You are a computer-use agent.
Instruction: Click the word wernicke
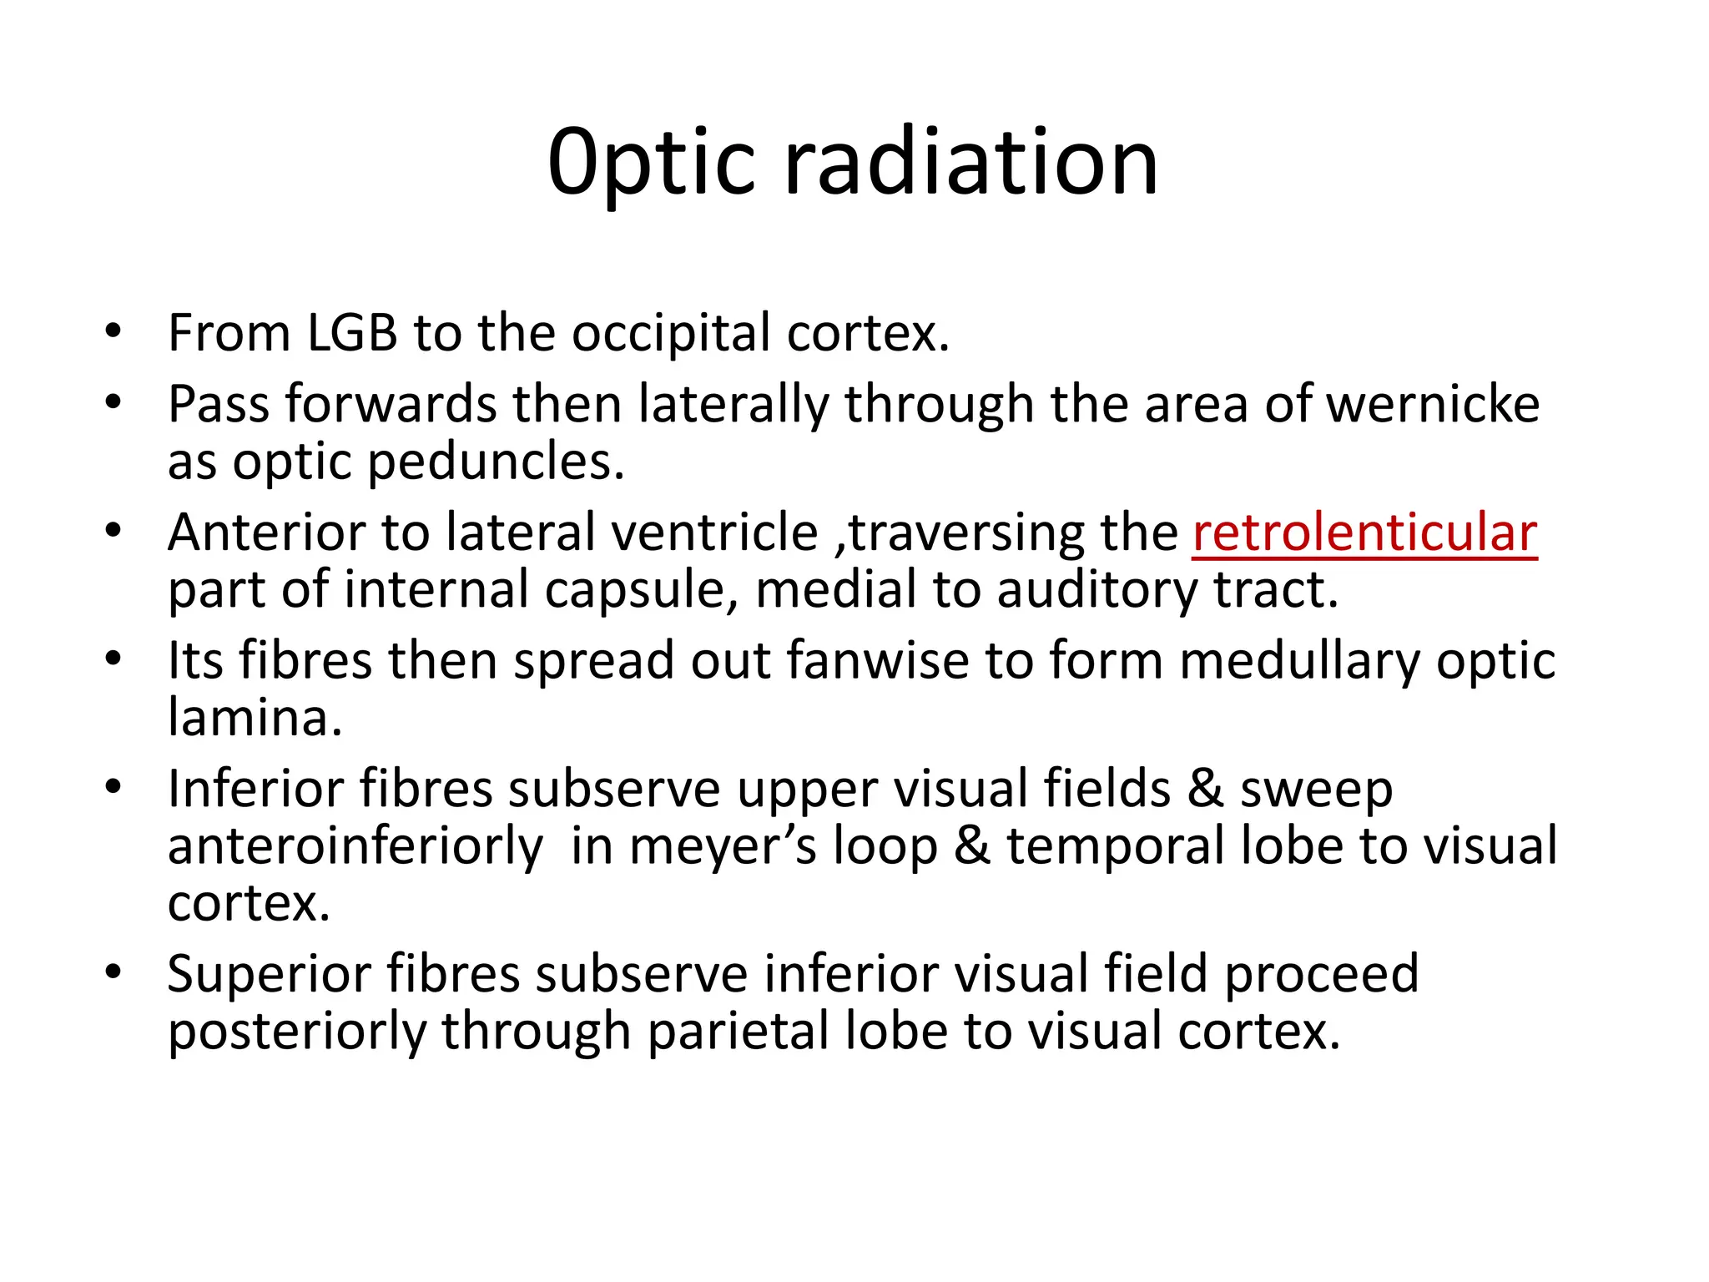click(1433, 404)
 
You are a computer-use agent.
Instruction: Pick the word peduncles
click(496, 462)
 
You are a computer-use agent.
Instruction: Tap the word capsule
click(641, 590)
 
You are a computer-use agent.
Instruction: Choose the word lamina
click(255, 718)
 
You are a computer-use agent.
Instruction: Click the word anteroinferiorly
click(355, 846)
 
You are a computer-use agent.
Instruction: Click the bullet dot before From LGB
click(113, 331)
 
